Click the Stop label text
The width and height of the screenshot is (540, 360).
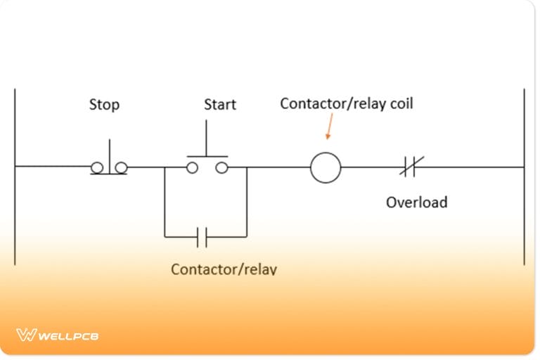[104, 105]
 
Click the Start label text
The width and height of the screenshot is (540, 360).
[220, 105]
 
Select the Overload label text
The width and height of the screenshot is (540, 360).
[416, 202]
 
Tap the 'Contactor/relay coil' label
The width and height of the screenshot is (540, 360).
[347, 103]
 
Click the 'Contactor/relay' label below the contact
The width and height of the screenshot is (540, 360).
[224, 269]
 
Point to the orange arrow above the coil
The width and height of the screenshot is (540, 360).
[328, 127]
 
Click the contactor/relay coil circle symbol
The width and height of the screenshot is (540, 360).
[326, 168]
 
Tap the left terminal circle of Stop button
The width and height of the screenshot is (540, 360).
[96, 167]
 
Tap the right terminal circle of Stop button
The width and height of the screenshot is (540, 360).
[121, 167]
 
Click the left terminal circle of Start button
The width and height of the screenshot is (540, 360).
[192, 167]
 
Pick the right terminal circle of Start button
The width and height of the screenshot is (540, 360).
[221, 167]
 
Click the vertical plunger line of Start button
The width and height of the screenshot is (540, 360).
[207, 138]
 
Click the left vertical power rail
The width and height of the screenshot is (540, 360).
[15, 176]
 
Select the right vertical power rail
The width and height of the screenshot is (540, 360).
[524, 176]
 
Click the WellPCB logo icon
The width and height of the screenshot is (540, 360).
[26, 335]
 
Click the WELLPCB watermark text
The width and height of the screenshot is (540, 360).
[68, 336]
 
